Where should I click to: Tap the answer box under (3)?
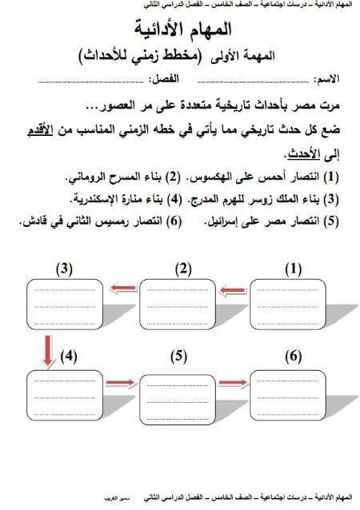click(x=66, y=305)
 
